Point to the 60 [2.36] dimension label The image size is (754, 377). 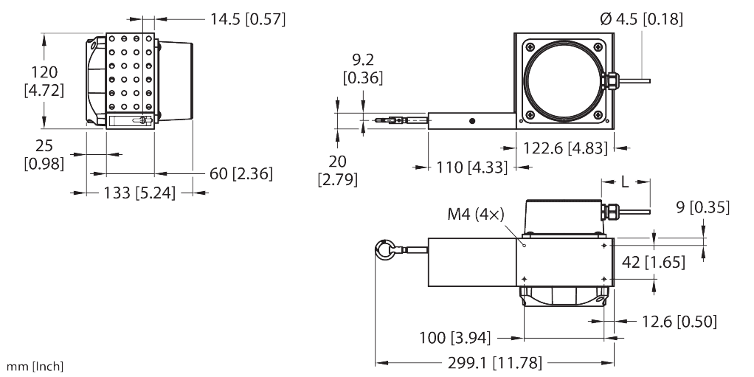click(241, 174)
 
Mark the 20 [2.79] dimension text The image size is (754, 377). click(337, 170)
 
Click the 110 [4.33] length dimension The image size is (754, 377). click(469, 167)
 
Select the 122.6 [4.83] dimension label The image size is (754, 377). click(565, 148)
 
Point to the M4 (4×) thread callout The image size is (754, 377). click(476, 215)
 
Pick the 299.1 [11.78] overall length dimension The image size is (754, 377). click(495, 363)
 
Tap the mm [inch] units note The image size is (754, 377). click(35, 366)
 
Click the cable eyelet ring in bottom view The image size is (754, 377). click(386, 251)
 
